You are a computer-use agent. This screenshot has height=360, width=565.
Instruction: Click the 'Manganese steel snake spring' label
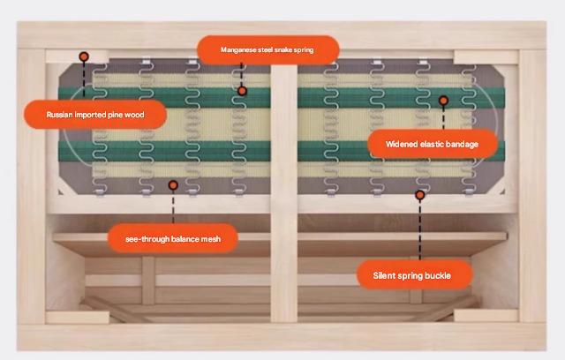click(x=267, y=50)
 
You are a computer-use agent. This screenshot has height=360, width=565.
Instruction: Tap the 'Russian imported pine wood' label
click(x=94, y=115)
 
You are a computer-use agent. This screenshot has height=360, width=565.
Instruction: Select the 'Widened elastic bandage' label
click(x=432, y=143)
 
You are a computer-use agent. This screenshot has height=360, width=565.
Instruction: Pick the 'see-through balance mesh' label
click(x=172, y=238)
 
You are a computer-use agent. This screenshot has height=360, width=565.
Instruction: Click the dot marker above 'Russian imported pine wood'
click(x=84, y=56)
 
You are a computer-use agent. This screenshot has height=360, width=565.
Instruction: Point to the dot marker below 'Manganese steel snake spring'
click(x=242, y=91)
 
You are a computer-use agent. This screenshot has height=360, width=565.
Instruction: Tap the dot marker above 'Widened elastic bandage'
click(x=443, y=101)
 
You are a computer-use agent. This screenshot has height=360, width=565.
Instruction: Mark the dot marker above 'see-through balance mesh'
click(x=173, y=185)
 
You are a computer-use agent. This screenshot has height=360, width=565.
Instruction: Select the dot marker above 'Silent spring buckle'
click(x=420, y=194)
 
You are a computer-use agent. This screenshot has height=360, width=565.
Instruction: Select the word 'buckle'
click(x=438, y=275)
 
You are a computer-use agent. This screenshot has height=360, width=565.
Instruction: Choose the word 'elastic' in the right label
click(x=430, y=143)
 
